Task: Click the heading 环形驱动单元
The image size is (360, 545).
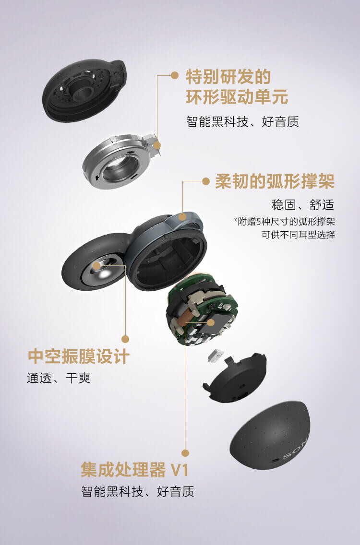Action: [237, 97]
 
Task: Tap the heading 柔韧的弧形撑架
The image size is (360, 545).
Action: [274, 182]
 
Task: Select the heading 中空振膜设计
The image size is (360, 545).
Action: [79, 356]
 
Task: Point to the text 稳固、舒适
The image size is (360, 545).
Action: [302, 205]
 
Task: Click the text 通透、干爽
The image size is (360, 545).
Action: [59, 378]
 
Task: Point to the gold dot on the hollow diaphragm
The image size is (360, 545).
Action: [96, 265]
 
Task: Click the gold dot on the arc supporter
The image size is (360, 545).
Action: [182, 216]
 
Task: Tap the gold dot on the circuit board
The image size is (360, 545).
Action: [211, 322]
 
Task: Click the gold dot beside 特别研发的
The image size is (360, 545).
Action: [174, 75]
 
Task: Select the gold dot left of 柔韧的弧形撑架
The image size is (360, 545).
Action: [206, 181]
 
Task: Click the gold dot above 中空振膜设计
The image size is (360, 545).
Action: [125, 339]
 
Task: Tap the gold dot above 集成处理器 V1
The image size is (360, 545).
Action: [185, 452]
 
